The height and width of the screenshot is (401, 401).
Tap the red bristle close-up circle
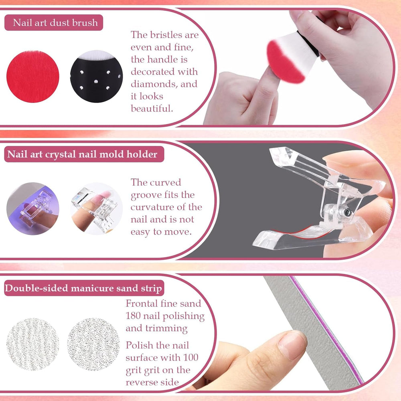point(32,76)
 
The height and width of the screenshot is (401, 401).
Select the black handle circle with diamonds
point(96,76)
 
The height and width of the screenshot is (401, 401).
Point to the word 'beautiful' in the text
point(152,109)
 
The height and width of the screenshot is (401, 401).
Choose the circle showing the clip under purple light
point(33,208)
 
